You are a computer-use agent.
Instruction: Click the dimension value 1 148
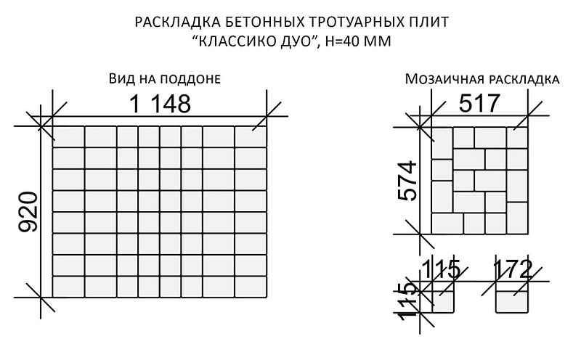[x=161, y=104]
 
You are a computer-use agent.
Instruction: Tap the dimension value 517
[x=480, y=103]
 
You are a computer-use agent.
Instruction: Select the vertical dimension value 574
[x=408, y=181]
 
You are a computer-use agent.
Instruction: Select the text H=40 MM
[x=359, y=41]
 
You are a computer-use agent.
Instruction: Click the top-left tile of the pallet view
[x=68, y=137]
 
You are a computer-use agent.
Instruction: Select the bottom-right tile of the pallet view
[x=251, y=287]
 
